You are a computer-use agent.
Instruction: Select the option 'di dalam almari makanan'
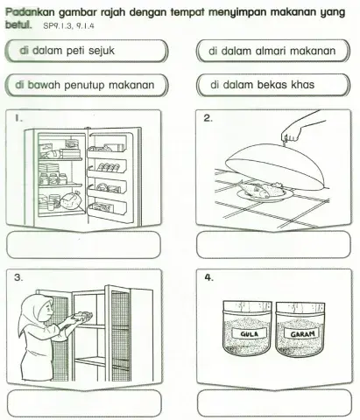click(x=273, y=51)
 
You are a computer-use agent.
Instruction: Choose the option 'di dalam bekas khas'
click(x=273, y=86)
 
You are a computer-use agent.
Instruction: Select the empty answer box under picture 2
click(x=272, y=244)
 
